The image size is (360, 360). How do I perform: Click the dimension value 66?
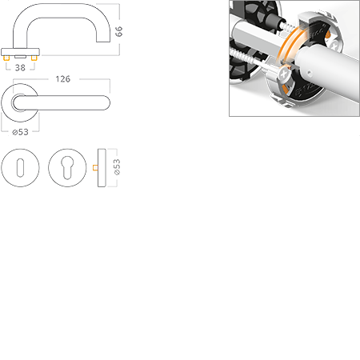point(118,31)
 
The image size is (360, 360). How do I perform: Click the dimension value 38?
point(20,68)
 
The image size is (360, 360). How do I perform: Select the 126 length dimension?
point(63,79)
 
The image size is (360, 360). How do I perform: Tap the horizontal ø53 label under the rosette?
point(20,132)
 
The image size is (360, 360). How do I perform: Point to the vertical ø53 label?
point(117,167)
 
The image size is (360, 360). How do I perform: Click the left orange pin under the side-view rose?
point(6,58)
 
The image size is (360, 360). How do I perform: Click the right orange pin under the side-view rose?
point(34,58)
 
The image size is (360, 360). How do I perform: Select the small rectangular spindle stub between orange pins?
point(20,57)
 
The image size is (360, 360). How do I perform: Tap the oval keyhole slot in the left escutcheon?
point(20,168)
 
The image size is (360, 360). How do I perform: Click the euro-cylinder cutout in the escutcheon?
point(67,167)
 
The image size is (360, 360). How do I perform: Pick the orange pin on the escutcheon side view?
point(95,167)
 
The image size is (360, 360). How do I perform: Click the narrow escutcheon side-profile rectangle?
point(102,168)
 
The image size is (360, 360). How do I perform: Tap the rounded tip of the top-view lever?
point(106,102)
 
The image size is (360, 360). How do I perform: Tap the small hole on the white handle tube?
point(309,72)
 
